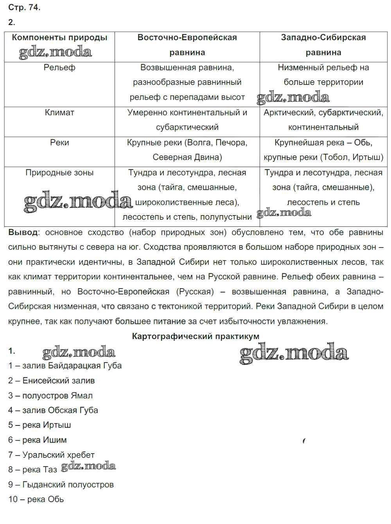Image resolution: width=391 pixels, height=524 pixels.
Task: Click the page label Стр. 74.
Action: pos(24,7)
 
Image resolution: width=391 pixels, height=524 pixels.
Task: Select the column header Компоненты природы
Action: pos(59,38)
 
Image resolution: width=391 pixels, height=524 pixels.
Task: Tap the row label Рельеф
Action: pos(59,68)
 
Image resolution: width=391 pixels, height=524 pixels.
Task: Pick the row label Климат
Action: pos(59,113)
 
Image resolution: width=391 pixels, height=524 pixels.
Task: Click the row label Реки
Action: pos(59,143)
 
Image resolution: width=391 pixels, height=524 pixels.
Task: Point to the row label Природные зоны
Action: pos(59,173)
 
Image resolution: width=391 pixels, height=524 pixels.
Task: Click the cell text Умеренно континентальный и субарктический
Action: pos(187,120)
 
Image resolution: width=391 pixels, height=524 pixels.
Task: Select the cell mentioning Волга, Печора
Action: pos(187,150)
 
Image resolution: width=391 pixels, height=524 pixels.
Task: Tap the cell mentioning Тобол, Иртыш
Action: pos(323,150)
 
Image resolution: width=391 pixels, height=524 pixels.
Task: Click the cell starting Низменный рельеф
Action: pos(323,75)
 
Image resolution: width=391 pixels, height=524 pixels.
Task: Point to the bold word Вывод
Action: pos(23,232)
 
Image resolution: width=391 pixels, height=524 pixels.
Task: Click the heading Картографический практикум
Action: pos(195,336)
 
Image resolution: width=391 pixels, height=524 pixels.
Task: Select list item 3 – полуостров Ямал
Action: pos(50,395)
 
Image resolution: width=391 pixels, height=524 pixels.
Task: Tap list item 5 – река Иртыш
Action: pos(39,425)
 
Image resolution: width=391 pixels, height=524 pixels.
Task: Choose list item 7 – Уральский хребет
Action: pos(51,455)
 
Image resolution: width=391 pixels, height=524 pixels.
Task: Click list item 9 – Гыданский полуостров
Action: pos(61,485)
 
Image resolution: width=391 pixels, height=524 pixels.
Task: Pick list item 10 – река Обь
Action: pos(36,499)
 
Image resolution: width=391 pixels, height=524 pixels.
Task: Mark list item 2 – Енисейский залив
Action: pos(51,380)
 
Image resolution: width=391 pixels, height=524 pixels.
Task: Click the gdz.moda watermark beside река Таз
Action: pos(89,466)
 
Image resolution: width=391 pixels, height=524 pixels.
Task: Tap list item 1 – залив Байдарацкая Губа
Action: pos(65,366)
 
